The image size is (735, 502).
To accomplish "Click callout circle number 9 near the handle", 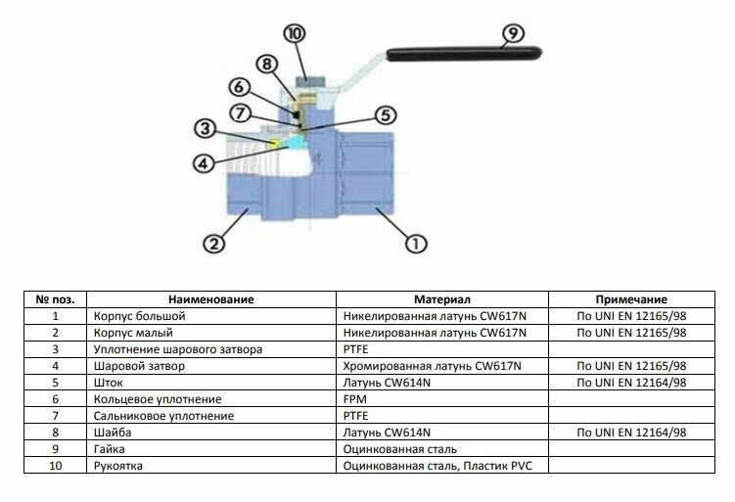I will click(x=511, y=35).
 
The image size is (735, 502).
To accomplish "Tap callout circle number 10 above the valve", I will click(x=296, y=33).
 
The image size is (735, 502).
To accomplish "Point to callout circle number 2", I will click(x=214, y=242).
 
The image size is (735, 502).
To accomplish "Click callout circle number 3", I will click(x=204, y=127).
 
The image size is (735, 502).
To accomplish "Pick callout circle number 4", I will click(x=203, y=163).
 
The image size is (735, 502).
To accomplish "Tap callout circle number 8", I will click(x=267, y=65).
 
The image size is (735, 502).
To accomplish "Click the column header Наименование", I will click(x=210, y=299).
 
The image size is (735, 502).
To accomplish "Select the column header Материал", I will click(x=442, y=299).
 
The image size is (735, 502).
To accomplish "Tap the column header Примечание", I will click(x=631, y=299).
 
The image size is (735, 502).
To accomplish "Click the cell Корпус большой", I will click(x=139, y=316).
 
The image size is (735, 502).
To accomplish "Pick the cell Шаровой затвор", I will click(x=139, y=366).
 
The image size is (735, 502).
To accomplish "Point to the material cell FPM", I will click(x=354, y=399).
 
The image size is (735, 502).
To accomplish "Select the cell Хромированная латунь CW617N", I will click(x=433, y=366).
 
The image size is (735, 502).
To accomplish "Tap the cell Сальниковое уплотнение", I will click(x=163, y=416).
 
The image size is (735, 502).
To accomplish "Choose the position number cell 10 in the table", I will click(x=55, y=466).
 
